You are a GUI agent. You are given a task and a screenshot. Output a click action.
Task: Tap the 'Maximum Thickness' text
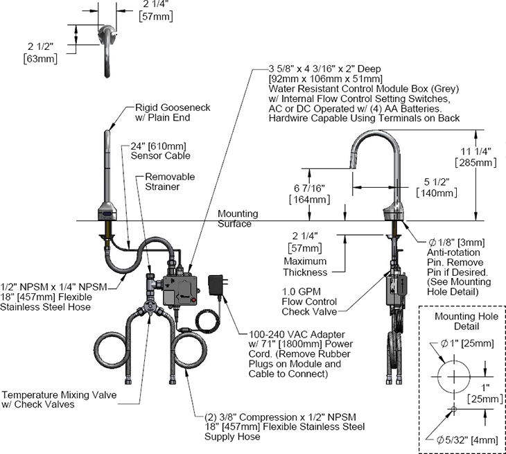(x=304, y=267)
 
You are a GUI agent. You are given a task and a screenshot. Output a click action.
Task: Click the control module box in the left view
(x=180, y=286)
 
